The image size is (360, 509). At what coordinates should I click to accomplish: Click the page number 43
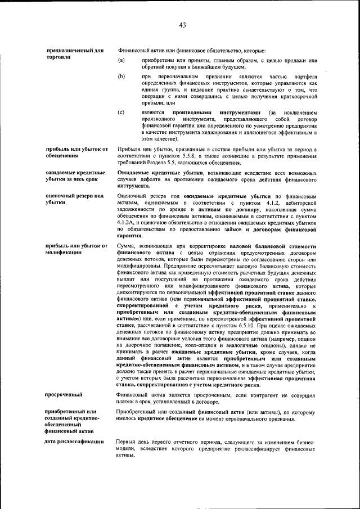click(182, 25)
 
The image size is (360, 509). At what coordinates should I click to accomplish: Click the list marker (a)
click(121, 60)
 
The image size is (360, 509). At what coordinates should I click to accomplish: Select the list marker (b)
click(121, 76)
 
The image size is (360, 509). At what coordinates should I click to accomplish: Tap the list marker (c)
click(121, 113)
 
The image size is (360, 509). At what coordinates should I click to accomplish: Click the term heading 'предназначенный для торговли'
click(74, 54)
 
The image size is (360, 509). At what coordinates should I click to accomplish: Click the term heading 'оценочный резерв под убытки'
click(74, 199)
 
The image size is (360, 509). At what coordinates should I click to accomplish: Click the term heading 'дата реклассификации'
click(75, 442)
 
